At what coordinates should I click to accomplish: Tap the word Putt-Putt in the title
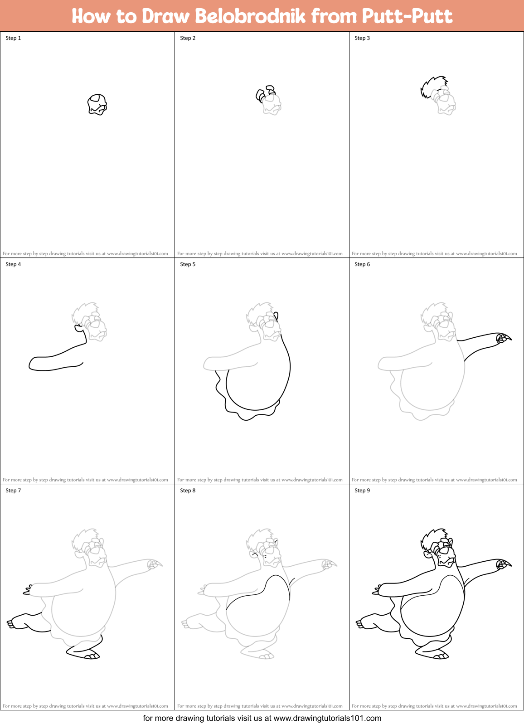tap(407, 16)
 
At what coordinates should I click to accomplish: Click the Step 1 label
tap(13, 38)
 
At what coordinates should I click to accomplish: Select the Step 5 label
tap(188, 264)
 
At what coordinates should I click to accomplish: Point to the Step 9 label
tap(362, 491)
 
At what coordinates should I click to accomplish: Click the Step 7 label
tap(13, 491)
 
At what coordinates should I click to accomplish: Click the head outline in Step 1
tap(97, 104)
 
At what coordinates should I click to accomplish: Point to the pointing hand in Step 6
tap(502, 338)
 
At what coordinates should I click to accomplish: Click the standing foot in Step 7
tap(84, 652)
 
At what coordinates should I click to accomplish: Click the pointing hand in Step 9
tap(502, 564)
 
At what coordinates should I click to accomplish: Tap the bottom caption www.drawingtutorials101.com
tap(327, 718)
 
